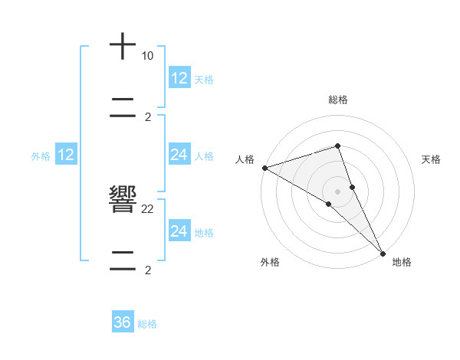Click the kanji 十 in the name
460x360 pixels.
pyautogui.click(x=123, y=47)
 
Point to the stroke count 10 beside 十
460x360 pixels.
pyautogui.click(x=147, y=56)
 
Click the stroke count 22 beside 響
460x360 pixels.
pyautogui.click(x=147, y=208)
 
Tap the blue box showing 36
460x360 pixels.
pyautogui.click(x=123, y=322)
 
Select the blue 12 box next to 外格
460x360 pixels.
pyautogui.click(x=66, y=155)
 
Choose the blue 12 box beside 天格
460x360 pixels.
pyautogui.click(x=179, y=78)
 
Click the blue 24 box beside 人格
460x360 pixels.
pyautogui.click(x=179, y=155)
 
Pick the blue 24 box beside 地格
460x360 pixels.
pyautogui.click(x=179, y=231)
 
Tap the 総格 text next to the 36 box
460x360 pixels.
pyautogui.click(x=147, y=324)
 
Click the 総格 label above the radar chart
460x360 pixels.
pyautogui.click(x=338, y=100)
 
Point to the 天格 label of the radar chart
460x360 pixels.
pyautogui.click(x=432, y=159)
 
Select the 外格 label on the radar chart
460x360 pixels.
pyautogui.click(x=269, y=262)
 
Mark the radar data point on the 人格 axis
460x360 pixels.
pyautogui.click(x=264, y=168)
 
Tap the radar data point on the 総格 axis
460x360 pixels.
pyautogui.click(x=337, y=146)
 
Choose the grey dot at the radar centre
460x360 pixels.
pyautogui.click(x=337, y=191)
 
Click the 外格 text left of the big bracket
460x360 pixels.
pyautogui.click(x=41, y=155)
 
